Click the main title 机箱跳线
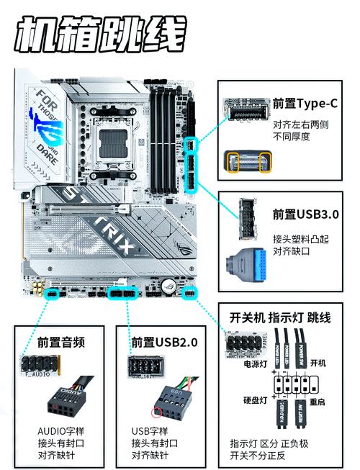101,34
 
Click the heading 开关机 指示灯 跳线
280,317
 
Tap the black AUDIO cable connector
63,399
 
